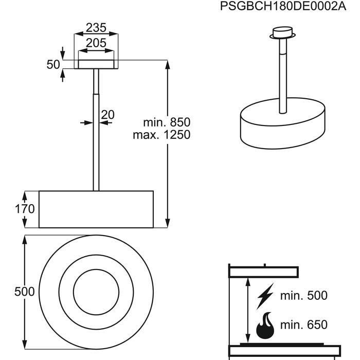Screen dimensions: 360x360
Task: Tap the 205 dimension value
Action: [96, 43]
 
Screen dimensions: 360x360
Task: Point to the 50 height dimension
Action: [53, 65]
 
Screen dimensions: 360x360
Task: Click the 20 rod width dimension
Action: [107, 114]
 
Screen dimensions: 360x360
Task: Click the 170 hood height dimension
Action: [25, 209]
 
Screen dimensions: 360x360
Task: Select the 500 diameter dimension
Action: [25, 292]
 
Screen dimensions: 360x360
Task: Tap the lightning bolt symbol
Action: [265, 296]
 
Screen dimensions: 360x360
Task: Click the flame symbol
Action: [266, 325]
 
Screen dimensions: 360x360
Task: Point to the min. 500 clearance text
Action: [304, 296]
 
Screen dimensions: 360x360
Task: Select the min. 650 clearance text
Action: [304, 325]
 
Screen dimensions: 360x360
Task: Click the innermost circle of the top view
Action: [96, 292]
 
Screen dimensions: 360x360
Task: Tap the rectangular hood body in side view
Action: [96, 209]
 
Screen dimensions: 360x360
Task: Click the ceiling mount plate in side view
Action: [96, 64]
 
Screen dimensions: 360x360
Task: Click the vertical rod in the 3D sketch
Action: [282, 77]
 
